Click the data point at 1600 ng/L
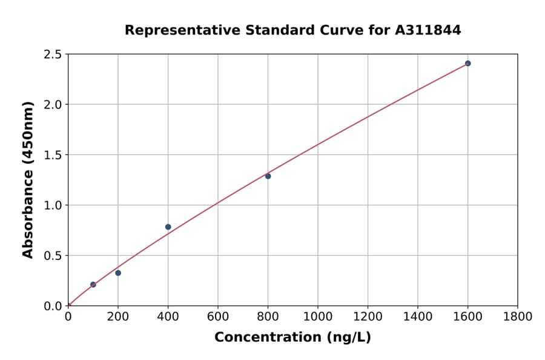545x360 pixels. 467,63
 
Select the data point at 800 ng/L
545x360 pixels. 268,176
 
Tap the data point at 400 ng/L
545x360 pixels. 168,227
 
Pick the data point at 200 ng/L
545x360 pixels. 118,273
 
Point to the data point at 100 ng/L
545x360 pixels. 93,284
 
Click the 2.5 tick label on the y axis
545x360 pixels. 53,55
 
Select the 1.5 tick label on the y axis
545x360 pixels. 53,155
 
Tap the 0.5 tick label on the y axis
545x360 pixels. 53,256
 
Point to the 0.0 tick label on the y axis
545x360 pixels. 53,306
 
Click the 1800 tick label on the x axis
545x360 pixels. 518,316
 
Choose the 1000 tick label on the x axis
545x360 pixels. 318,316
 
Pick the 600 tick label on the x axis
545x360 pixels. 218,316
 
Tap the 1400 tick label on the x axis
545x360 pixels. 418,316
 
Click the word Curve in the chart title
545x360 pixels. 316,30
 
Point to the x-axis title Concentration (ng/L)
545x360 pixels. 292,337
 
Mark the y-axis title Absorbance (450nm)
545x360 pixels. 28,179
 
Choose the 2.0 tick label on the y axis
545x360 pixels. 53,105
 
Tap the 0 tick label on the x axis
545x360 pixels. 68,316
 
